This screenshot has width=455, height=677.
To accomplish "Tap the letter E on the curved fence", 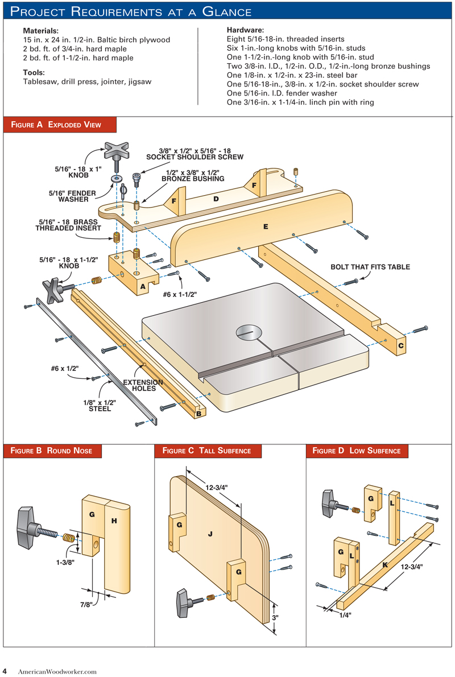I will pyautogui.click(x=264, y=226).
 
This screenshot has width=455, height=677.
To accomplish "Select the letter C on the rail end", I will pyautogui.click(x=400, y=344).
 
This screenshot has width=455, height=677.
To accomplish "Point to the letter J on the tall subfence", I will pyautogui.click(x=210, y=534).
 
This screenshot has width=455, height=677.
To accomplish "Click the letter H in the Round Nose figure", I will pyautogui.click(x=114, y=521).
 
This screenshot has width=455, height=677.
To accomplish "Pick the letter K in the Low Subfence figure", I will pyautogui.click(x=384, y=565).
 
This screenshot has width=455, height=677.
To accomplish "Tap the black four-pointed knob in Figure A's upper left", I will pyautogui.click(x=117, y=152).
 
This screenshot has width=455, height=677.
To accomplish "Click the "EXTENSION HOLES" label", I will pyautogui.click(x=143, y=386).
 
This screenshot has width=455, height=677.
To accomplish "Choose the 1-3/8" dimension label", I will pyautogui.click(x=65, y=563).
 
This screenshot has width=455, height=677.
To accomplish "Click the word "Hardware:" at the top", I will pyautogui.click(x=246, y=30).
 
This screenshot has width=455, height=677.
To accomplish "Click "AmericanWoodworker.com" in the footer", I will pyautogui.click(x=57, y=671).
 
